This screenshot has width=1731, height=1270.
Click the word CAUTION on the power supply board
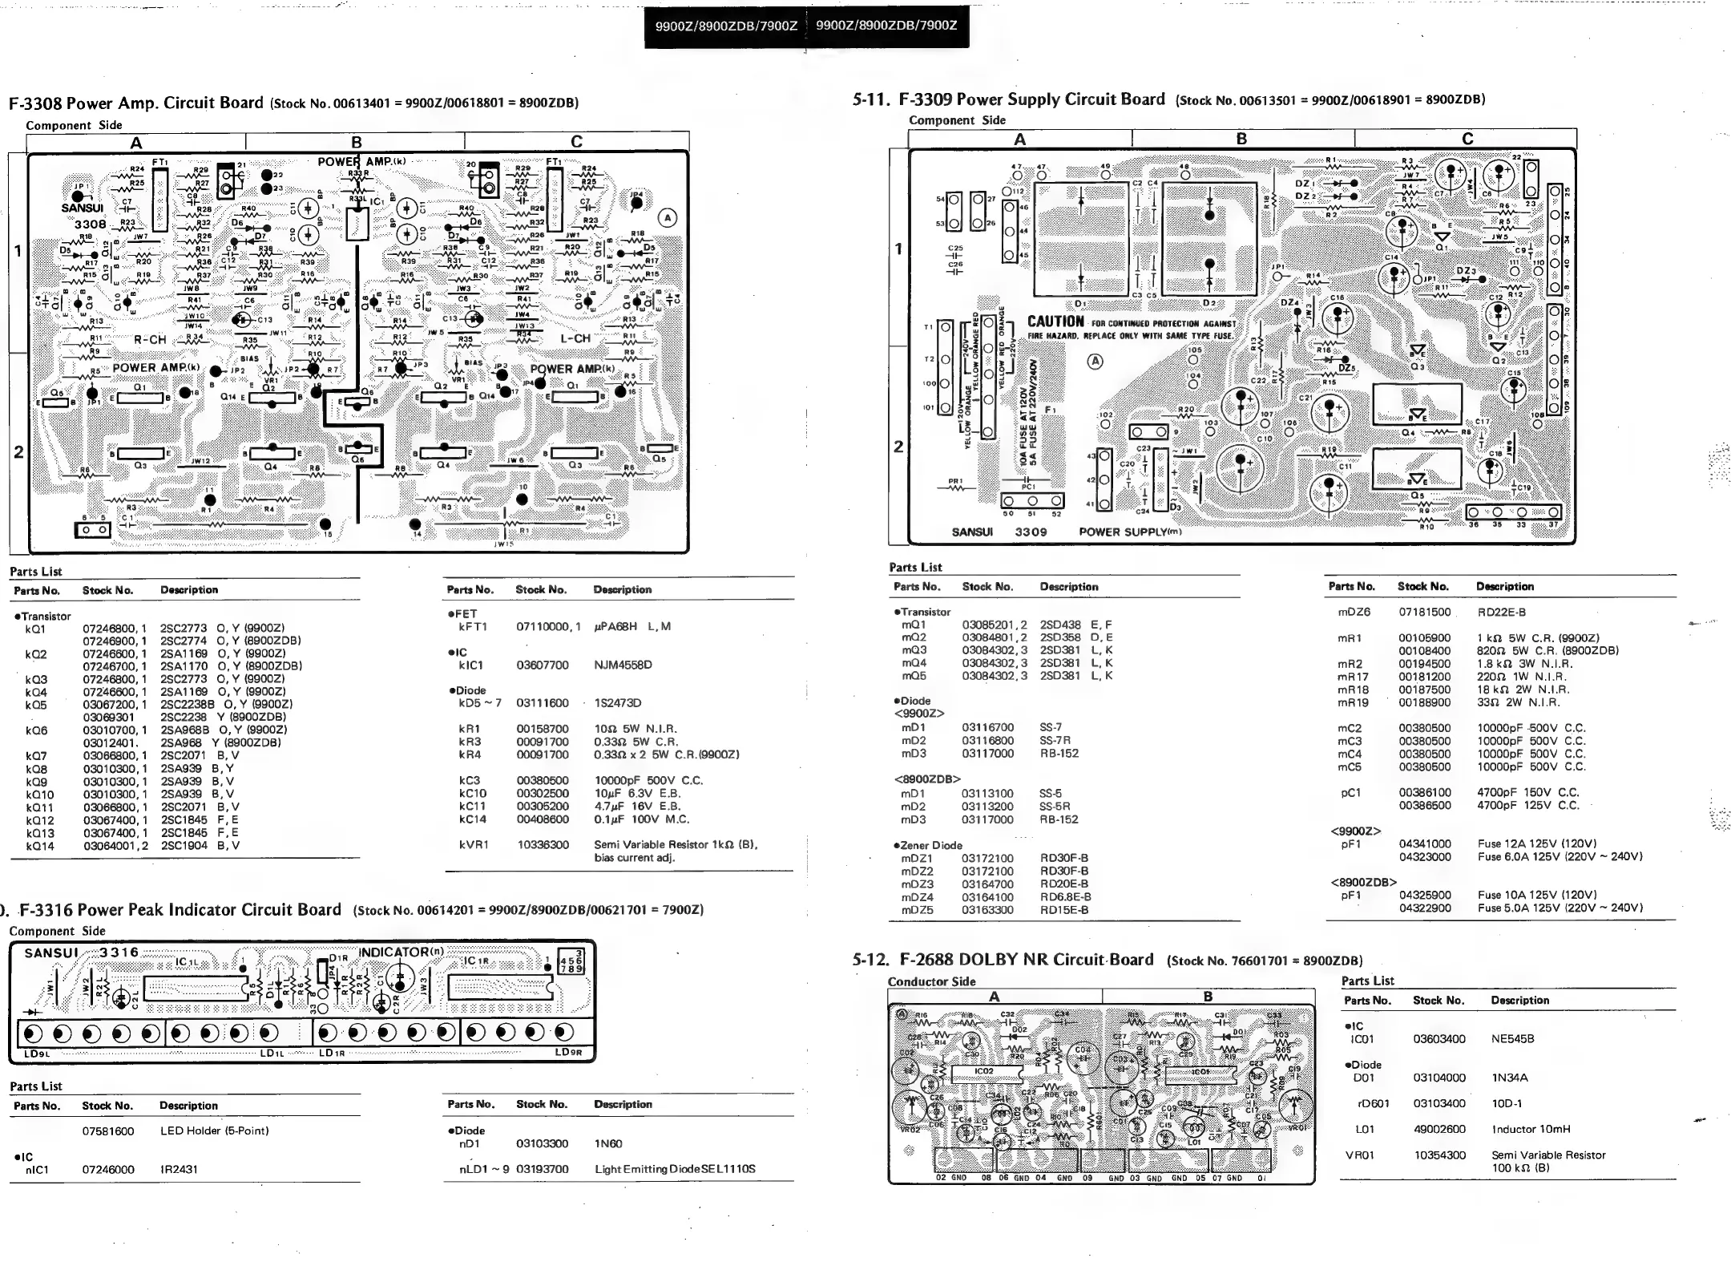coord(1056,322)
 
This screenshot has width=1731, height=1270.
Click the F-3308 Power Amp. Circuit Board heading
coord(136,103)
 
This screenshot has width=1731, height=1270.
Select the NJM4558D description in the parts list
coord(623,665)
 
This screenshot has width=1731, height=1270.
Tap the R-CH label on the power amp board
coord(150,339)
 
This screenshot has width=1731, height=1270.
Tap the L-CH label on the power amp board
coord(575,338)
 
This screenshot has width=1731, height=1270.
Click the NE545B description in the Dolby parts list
coord(1512,1039)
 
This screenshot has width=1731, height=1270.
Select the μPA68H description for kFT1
coord(631,626)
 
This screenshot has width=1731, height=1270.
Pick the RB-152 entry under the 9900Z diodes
coord(1059,754)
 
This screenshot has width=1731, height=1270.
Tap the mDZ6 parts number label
coord(1354,612)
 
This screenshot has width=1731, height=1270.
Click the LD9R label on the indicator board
coord(568,1053)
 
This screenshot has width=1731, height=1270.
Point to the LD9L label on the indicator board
coord(37,1054)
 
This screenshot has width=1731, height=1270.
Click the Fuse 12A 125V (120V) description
coord(1536,843)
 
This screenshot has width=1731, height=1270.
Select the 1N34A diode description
coord(1509,1078)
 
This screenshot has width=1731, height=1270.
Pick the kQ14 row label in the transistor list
coord(40,845)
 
